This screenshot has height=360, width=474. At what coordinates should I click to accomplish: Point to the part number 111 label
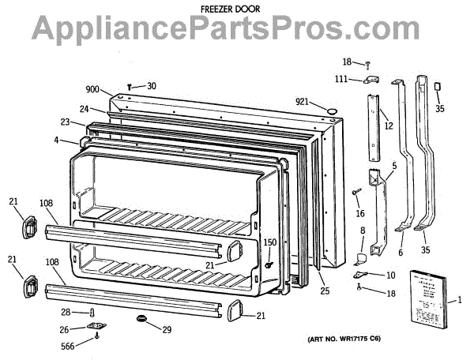tap(340, 80)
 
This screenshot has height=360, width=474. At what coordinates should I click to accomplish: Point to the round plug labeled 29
tap(142, 317)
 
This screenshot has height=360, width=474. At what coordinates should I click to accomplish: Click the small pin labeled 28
tap(92, 313)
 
